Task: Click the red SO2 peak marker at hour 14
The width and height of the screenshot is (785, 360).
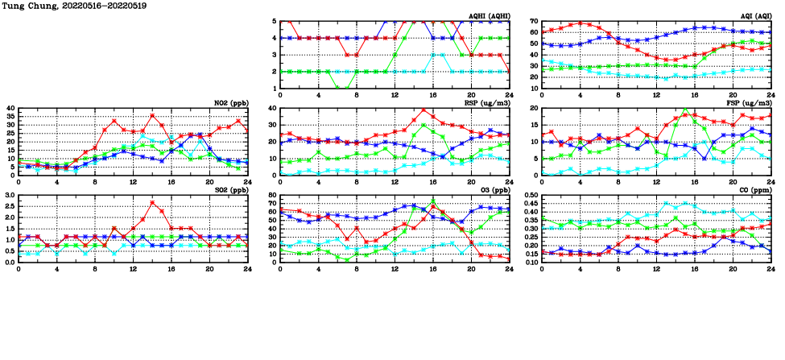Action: [x=152, y=202]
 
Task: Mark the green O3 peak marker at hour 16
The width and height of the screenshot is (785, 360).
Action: [x=433, y=201]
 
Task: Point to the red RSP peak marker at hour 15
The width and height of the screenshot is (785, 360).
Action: [x=423, y=110]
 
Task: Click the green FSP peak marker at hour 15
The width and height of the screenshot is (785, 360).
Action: [x=685, y=110]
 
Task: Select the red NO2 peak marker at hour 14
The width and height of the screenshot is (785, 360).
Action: [x=152, y=115]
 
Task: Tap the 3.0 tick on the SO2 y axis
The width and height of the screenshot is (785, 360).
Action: [x=8, y=196]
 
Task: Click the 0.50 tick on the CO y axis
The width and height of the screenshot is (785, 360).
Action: [x=530, y=196]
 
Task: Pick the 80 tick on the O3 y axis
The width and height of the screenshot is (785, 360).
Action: [x=272, y=196]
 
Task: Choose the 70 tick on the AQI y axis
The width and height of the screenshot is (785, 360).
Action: [x=534, y=21]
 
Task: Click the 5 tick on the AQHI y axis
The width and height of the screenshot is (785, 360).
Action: [x=275, y=21]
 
